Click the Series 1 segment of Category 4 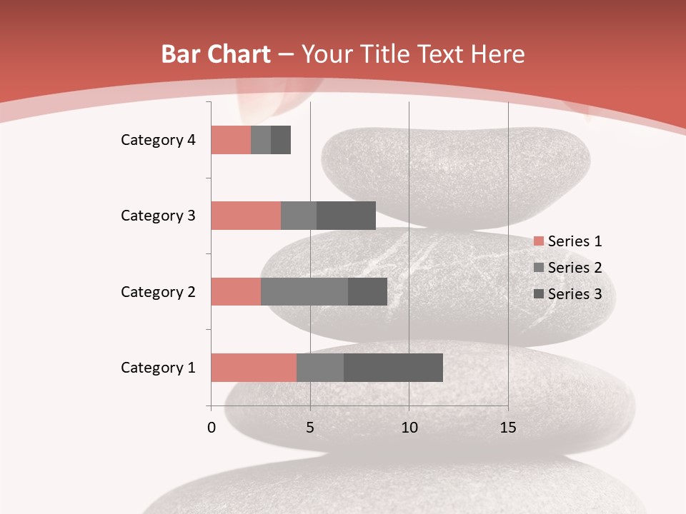[x=231, y=140]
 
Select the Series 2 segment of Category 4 [x=261, y=140]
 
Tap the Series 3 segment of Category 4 [x=281, y=140]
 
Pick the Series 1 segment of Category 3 [x=246, y=216]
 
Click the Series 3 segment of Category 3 [x=346, y=216]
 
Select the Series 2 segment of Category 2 [x=304, y=291]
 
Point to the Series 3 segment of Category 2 [x=367, y=291]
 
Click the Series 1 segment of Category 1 [x=254, y=368]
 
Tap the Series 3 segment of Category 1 [x=393, y=368]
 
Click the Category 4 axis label [x=158, y=140]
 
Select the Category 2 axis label [x=158, y=291]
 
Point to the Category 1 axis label [x=158, y=368]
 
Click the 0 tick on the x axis [x=212, y=428]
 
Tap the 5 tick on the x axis [x=310, y=428]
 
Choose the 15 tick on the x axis [x=508, y=428]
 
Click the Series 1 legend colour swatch [x=538, y=241]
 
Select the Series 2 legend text [x=575, y=268]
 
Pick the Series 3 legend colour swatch [x=538, y=294]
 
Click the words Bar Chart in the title [x=216, y=54]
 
